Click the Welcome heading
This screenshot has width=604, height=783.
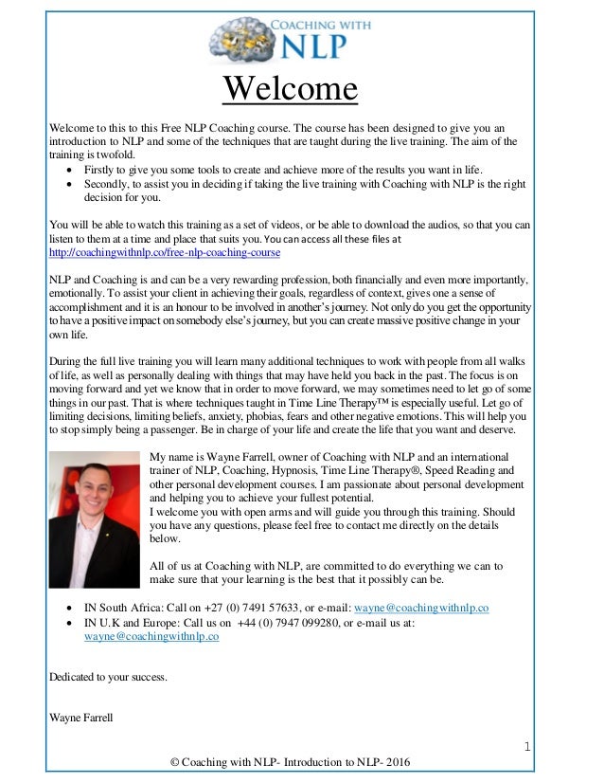[290, 90]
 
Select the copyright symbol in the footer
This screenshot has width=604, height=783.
[172, 765]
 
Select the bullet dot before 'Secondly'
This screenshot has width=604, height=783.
[72, 186]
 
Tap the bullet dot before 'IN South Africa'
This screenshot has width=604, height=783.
[72, 608]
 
